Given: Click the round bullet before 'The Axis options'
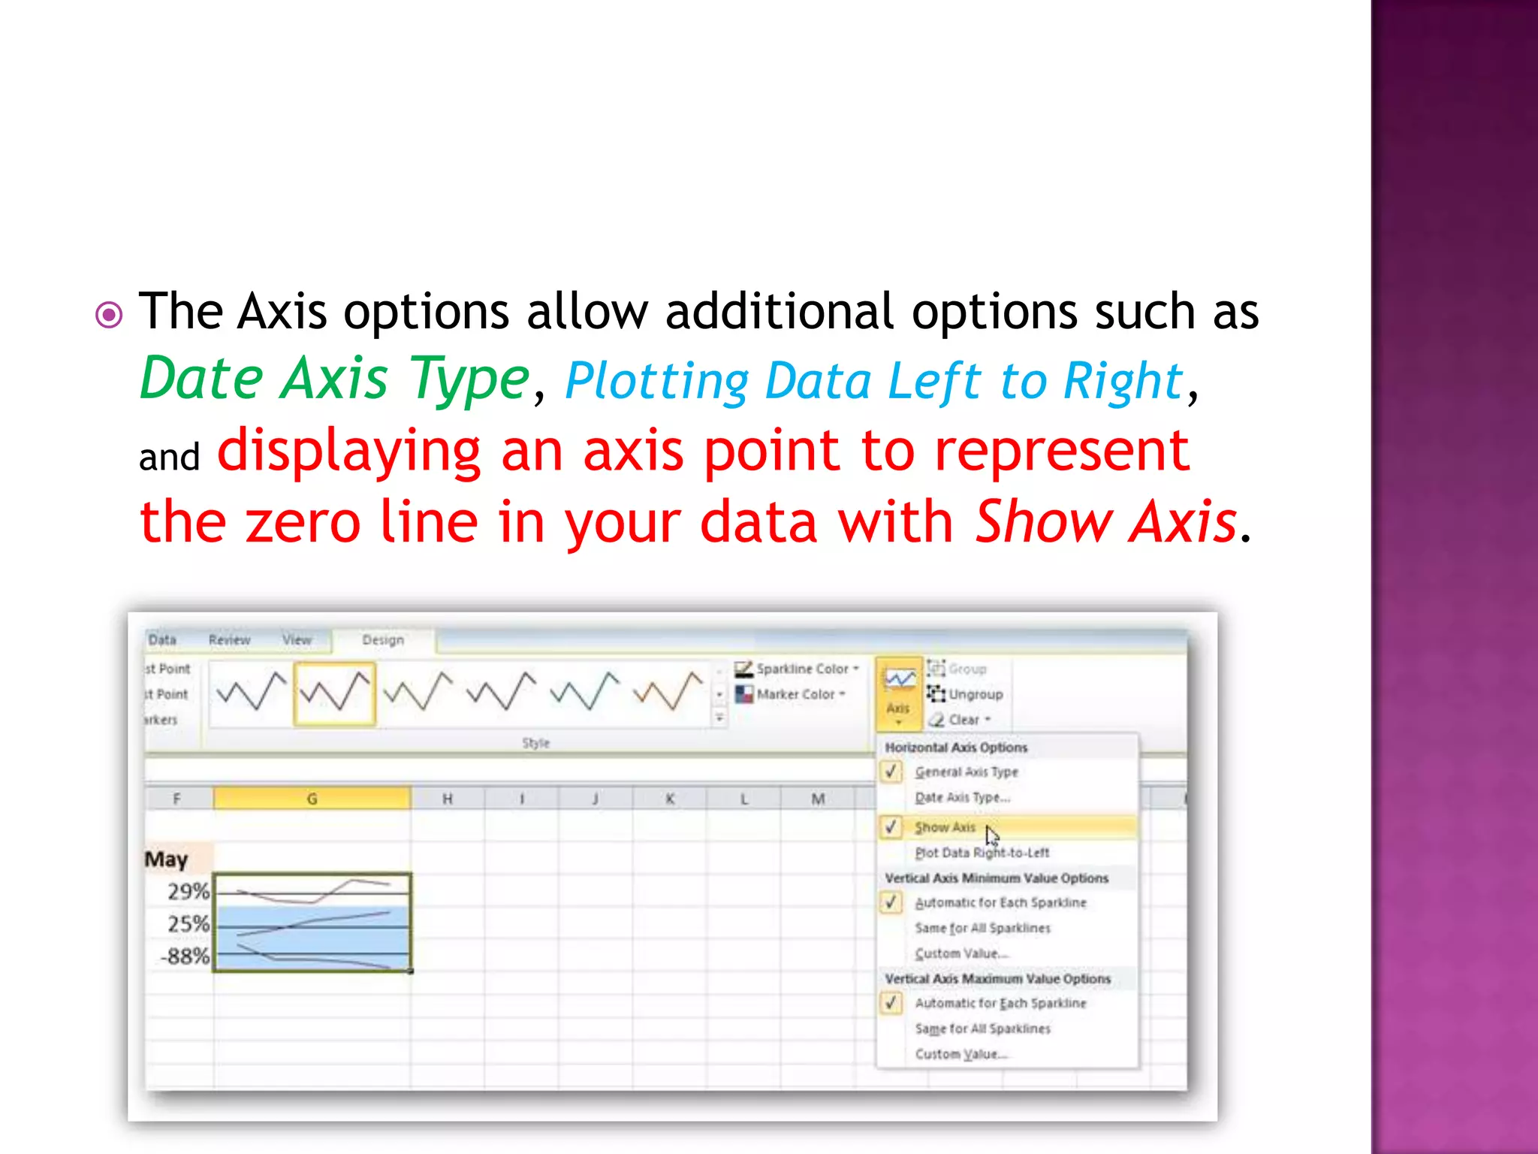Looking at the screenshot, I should (x=109, y=315).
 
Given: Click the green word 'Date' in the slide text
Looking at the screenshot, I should (x=201, y=379).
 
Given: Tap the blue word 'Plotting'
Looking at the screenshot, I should (x=656, y=382).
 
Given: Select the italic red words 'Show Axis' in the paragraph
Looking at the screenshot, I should (x=1105, y=521).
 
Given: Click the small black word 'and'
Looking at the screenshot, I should (x=169, y=457).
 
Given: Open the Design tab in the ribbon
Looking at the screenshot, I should (x=383, y=640).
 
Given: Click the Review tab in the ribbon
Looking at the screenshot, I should (x=229, y=640).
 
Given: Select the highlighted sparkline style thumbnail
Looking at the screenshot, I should (x=334, y=693).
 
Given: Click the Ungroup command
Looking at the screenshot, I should (x=974, y=694).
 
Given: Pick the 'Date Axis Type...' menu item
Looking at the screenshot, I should (x=962, y=798).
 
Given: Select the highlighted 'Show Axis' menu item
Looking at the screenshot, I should (x=945, y=827).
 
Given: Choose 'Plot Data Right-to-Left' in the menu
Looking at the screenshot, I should (x=982, y=853).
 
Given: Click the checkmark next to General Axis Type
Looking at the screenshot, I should (x=891, y=772).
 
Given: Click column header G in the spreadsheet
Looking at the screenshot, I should (x=312, y=799).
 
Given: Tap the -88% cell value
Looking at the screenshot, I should (x=185, y=956).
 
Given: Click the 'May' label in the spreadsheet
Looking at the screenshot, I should (x=166, y=859).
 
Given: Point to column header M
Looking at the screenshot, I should (x=818, y=799).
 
